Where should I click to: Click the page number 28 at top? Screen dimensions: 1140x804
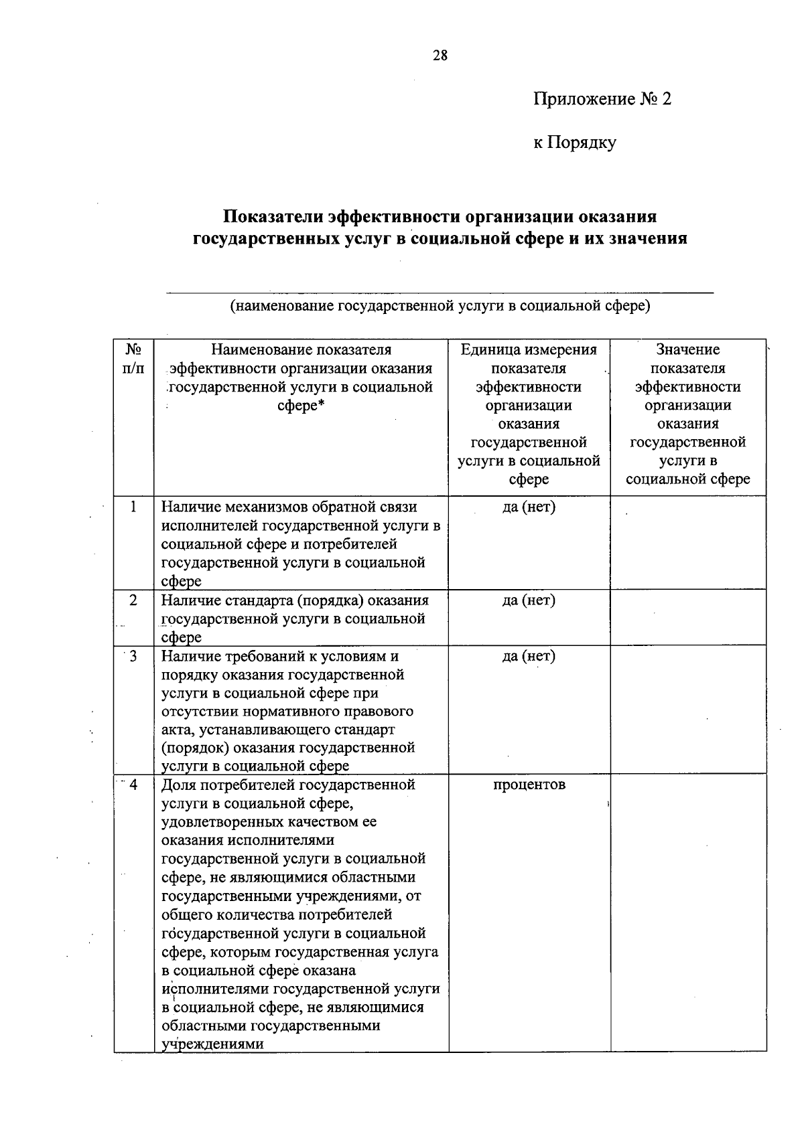[440, 56]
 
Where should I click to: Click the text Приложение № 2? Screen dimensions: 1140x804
[602, 100]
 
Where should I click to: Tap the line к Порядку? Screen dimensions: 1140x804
[574, 143]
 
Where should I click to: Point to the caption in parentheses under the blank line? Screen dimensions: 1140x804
[440, 307]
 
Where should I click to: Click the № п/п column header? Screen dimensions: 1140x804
[133, 359]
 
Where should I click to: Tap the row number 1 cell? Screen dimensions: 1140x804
[133, 507]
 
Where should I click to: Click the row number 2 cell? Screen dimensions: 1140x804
[133, 600]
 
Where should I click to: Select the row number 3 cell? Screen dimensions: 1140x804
[133, 656]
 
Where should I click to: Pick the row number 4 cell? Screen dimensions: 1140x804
[133, 785]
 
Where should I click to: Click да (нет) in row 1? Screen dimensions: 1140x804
[529, 507]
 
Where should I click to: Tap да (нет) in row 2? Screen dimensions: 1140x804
[529, 600]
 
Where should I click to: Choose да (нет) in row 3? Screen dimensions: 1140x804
[529, 656]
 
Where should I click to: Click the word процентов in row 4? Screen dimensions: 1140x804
[529, 785]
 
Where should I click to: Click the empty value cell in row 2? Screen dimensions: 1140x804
[687, 617]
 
